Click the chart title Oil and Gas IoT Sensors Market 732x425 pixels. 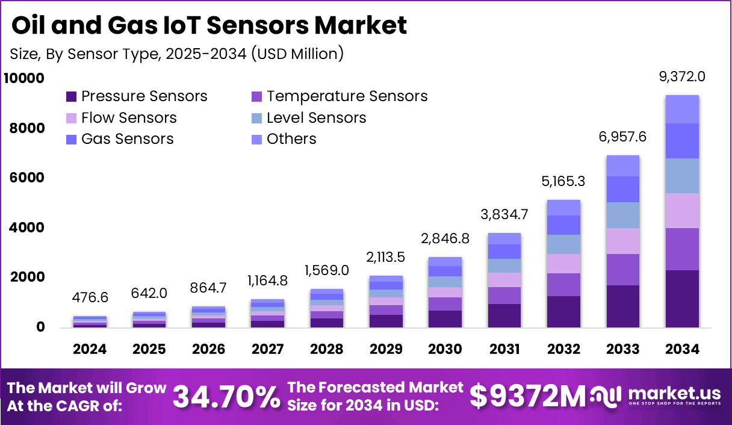(209, 25)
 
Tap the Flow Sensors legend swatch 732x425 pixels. (72, 118)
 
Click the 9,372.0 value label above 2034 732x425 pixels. (682, 77)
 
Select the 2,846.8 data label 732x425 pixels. (445, 239)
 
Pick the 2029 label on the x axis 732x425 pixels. (386, 349)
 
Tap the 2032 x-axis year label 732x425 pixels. (564, 349)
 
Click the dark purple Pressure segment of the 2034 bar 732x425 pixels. (682, 299)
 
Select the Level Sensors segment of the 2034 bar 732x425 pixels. (682, 176)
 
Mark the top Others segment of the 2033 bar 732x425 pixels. (623, 166)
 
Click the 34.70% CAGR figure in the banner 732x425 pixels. (226, 396)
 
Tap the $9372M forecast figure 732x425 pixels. (527, 396)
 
